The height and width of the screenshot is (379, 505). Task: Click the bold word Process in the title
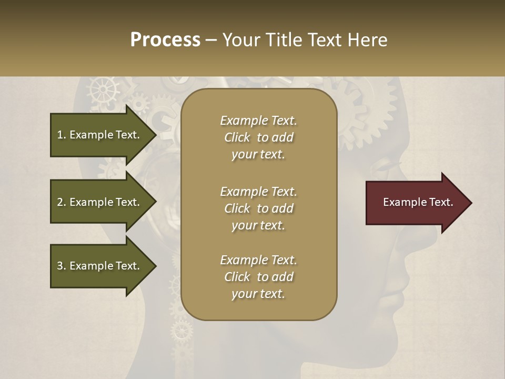165,40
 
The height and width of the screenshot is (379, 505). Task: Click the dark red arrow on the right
416,203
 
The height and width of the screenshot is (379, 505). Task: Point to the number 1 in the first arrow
60,135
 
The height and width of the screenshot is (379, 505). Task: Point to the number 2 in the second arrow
60,202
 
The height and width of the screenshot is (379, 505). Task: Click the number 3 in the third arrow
60,266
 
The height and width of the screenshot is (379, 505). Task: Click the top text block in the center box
258,137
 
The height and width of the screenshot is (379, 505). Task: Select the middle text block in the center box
258,208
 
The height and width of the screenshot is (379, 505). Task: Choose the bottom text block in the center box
258,277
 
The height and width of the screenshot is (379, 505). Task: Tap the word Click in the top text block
237,137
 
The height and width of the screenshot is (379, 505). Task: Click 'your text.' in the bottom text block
258,294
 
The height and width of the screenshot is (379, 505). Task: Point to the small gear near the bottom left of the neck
182,331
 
